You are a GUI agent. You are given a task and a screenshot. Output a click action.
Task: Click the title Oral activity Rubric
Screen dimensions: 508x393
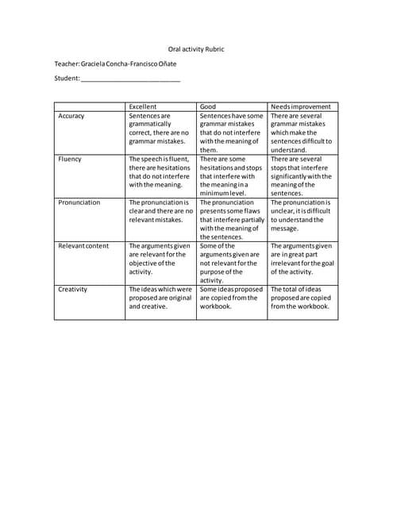tap(195, 49)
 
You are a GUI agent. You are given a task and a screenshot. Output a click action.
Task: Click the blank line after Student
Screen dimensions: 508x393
tap(130, 79)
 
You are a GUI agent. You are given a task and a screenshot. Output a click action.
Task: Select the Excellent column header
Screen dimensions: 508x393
tap(143, 106)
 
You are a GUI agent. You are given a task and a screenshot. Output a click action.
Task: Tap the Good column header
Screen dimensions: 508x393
tap(208, 106)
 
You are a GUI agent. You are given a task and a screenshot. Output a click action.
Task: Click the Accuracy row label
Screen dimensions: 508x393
tap(71, 116)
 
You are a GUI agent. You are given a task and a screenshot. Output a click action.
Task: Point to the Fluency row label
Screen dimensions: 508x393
tap(70, 159)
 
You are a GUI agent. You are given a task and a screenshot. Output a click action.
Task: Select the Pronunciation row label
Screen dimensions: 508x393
tap(79, 202)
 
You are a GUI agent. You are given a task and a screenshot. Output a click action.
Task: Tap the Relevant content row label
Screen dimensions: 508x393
tap(83, 246)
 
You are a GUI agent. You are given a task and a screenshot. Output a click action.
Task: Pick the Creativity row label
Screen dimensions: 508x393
tap(74, 290)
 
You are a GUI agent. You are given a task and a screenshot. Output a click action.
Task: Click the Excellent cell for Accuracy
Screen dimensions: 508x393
tap(160, 129)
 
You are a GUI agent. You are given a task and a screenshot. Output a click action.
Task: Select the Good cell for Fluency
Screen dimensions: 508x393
tap(231, 175)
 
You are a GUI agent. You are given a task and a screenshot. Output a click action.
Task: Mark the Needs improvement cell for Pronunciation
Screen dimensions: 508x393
tap(302, 214)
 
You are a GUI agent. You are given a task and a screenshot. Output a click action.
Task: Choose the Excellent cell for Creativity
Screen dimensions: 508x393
tap(160, 298)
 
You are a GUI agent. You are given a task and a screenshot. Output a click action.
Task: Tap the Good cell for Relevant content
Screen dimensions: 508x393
tap(231, 263)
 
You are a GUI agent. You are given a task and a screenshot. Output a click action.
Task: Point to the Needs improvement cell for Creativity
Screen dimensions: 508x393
tap(302, 298)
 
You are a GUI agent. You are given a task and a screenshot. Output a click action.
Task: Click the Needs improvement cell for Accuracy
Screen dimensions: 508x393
tap(302, 133)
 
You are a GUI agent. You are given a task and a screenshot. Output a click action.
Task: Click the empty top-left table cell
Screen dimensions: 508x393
tap(89, 106)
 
